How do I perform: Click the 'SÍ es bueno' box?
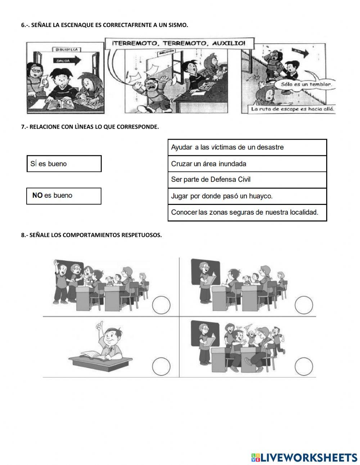pos(64,164)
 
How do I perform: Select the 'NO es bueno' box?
pos(64,196)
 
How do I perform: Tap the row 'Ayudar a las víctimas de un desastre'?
pos(247,147)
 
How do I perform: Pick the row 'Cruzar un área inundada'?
pos(247,164)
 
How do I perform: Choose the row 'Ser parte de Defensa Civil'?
pos(247,179)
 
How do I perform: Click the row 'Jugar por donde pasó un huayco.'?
pos(247,196)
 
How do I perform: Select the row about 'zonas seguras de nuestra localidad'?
pos(247,212)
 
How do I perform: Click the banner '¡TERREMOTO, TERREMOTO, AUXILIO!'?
pos(179,43)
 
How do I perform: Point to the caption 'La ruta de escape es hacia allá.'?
pos(293,109)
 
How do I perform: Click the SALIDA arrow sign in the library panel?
pos(67,61)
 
